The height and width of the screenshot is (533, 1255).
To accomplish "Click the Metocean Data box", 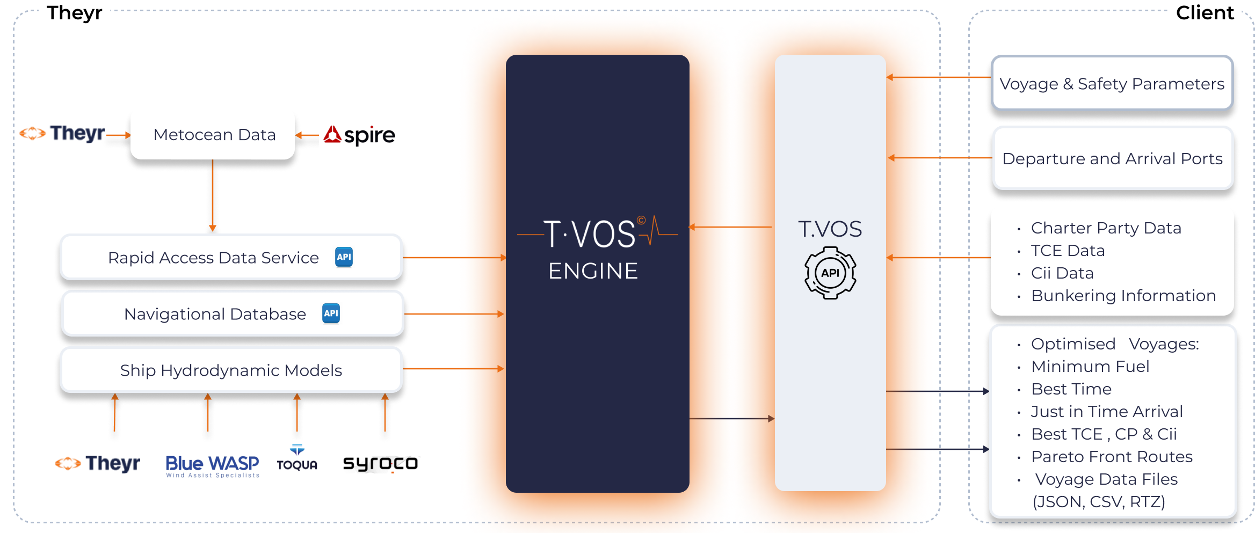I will pos(213,135).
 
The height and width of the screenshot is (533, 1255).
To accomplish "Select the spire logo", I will pos(359,135).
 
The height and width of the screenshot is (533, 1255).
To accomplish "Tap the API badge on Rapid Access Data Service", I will pos(344,257).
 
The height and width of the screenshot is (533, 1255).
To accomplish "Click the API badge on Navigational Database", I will pos(331,313).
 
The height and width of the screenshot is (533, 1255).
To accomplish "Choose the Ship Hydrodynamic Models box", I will pos(231,370).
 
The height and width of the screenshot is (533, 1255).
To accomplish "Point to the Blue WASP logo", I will pos(212,465).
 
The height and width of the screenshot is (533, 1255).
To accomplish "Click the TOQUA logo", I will pos(297,458).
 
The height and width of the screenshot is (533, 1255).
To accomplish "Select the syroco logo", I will pos(380,464).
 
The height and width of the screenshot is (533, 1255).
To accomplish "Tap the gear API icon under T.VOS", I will pos(830,273).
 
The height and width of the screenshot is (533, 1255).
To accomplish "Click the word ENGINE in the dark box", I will pos(593,271).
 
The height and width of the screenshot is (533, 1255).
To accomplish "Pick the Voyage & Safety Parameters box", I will pos(1112,84).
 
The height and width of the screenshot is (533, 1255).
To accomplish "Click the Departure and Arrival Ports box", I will pos(1112,159).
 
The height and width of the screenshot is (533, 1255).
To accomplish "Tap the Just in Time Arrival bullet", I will pos(1107,412).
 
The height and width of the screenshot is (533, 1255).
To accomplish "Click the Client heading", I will pos(1205,13).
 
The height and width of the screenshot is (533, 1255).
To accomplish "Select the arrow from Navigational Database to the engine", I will pos(454,314).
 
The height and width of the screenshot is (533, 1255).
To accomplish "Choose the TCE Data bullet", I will pos(1068,251).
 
